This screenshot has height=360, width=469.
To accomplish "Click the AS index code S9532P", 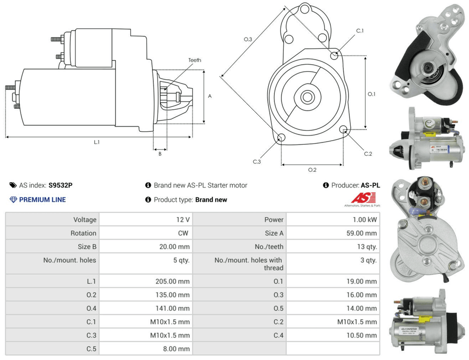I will click(61, 185).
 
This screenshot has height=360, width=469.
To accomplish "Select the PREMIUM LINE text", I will click(42, 200).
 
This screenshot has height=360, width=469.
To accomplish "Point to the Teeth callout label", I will click(195, 60).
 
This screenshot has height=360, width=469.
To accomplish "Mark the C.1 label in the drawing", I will click(360, 30).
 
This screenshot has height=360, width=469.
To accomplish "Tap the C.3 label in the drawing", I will click(257, 162).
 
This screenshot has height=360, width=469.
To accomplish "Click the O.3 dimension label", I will click(248, 39).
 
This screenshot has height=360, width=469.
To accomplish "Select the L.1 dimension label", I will click(97, 142).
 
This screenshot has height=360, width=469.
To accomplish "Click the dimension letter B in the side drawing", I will click(160, 153).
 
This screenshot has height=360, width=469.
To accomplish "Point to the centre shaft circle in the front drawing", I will click(307, 97).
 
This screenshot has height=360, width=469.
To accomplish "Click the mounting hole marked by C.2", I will click(344, 129).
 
